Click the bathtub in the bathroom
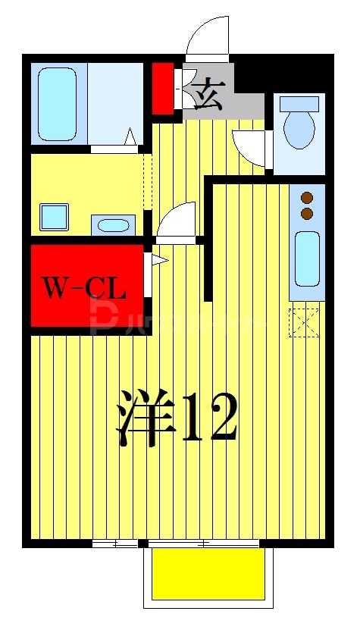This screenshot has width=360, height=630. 58,104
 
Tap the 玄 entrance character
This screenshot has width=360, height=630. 208,97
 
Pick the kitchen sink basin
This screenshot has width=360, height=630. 307,258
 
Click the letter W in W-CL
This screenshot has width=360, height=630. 55,287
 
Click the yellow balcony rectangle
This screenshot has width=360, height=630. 208,573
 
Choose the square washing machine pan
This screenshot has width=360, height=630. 54,217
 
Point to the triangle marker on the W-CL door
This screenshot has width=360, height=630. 158,261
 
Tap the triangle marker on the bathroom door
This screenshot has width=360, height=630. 130,137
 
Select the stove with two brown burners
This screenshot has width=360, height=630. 307,205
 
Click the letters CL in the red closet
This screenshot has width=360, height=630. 105,287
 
